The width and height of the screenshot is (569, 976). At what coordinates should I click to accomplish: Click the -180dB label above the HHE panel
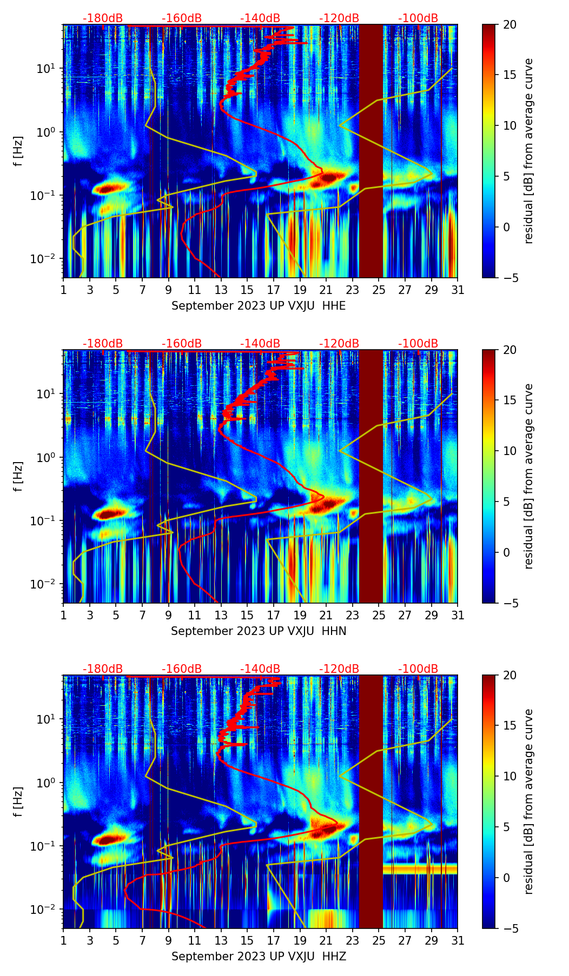[103, 18]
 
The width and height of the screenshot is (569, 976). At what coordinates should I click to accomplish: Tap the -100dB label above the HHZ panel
[418, 669]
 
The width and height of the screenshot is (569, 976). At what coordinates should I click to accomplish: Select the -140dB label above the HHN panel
[260, 344]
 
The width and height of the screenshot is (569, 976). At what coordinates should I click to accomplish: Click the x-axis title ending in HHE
[259, 306]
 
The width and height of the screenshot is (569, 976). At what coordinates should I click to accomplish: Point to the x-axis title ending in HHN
[259, 631]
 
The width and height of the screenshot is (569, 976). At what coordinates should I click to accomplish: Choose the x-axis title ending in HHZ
[259, 957]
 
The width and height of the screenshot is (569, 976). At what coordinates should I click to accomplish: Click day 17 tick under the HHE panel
[274, 290]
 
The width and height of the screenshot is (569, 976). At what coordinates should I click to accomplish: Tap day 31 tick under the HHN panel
[458, 615]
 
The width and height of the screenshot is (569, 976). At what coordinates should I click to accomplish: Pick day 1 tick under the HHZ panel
[64, 940]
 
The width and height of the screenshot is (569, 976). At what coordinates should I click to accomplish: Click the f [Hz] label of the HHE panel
[19, 151]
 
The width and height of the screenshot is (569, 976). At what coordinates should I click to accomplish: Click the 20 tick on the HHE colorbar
[510, 24]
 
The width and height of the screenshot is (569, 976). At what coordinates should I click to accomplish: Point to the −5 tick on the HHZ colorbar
[510, 928]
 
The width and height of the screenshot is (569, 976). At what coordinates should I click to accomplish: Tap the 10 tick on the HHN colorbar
[510, 451]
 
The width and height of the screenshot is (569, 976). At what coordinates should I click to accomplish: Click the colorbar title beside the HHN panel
[528, 476]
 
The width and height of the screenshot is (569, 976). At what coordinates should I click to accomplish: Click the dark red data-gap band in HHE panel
[371, 151]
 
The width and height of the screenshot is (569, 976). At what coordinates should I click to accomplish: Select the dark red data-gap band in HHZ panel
[371, 801]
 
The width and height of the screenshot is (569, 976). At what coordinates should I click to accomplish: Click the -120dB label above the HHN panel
[339, 344]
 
